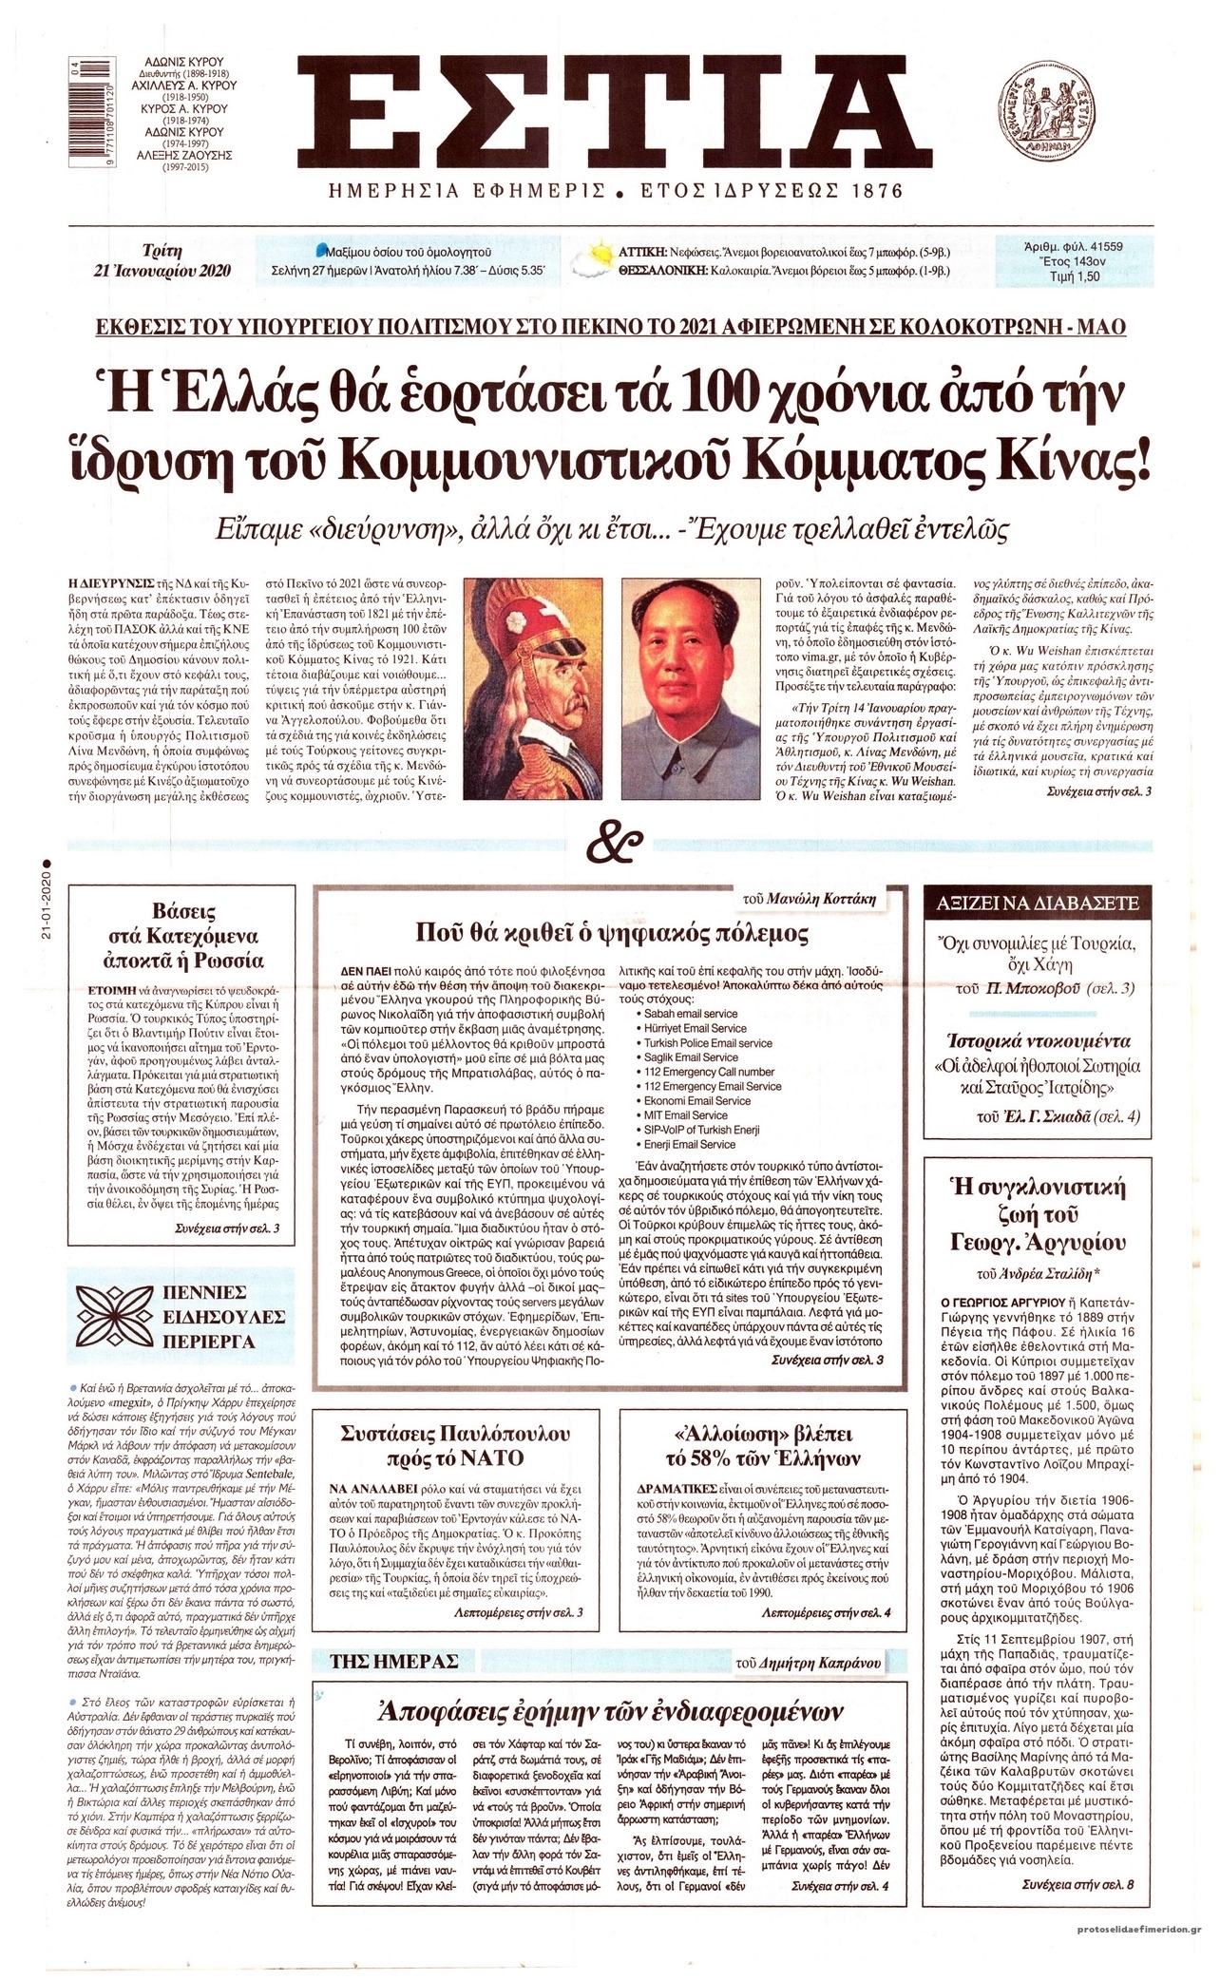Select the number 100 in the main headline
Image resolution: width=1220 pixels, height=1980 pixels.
point(783,393)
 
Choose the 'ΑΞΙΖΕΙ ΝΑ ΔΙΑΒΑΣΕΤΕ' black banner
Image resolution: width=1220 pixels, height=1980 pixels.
point(1038,904)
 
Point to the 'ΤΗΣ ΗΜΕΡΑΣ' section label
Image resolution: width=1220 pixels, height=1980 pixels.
point(393,1660)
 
